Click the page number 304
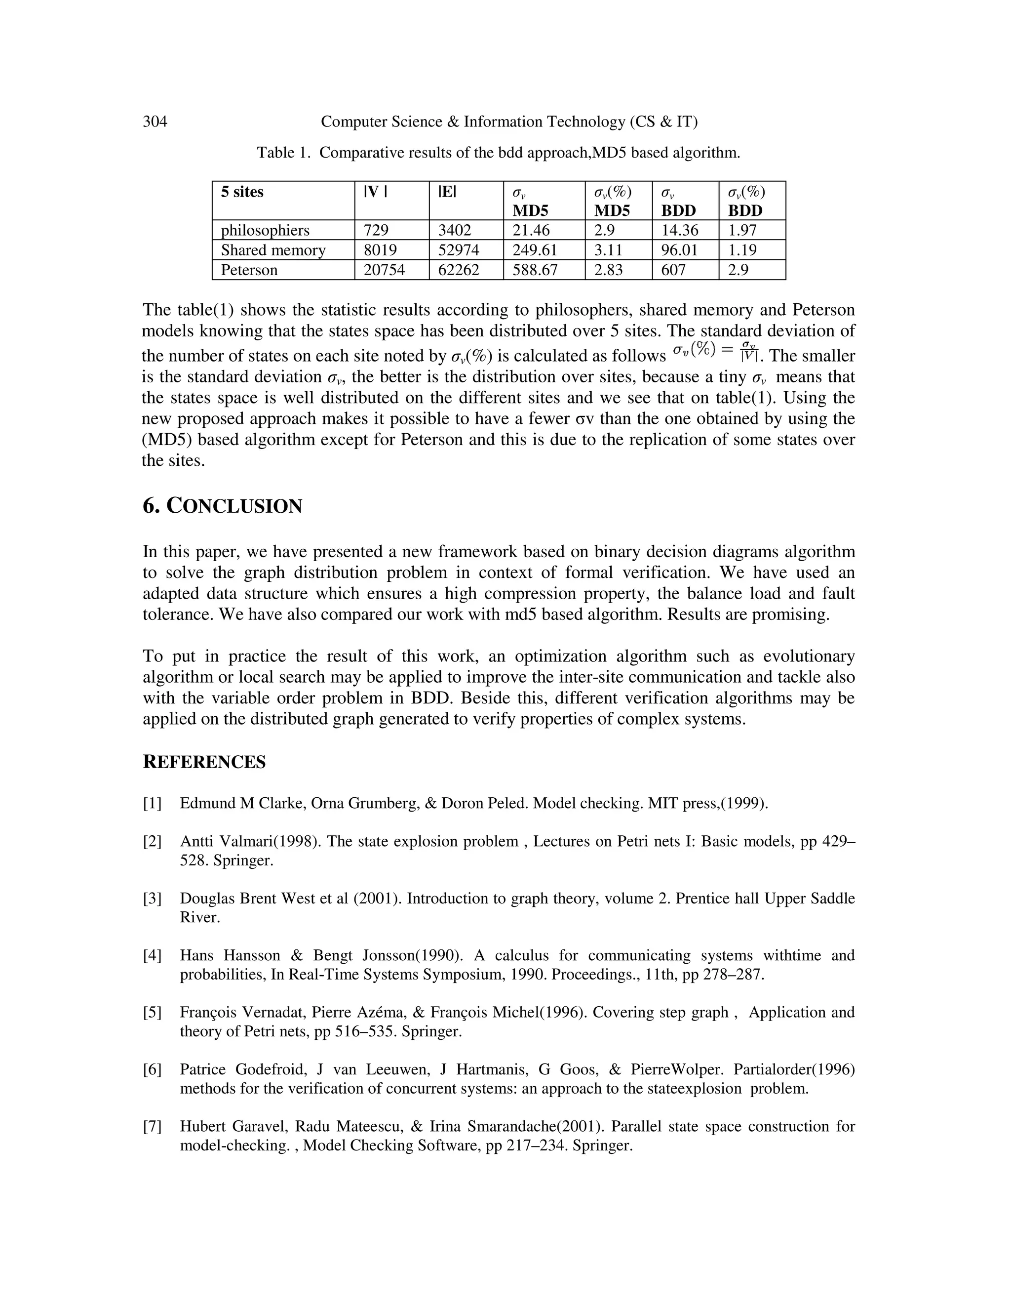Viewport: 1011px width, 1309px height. tap(155, 122)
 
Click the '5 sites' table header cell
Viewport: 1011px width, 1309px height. tap(242, 192)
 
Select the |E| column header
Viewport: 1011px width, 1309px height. tap(447, 192)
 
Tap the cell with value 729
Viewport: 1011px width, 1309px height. tap(376, 230)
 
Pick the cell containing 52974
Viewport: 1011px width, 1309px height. tap(459, 250)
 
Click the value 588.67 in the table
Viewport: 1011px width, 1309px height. tap(535, 270)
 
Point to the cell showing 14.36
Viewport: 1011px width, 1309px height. tap(680, 230)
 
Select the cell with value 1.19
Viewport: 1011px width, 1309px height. tap(742, 250)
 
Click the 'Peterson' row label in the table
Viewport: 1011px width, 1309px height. tap(249, 270)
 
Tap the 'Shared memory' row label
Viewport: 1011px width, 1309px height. tap(273, 250)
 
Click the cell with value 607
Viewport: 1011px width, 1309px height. tap(673, 270)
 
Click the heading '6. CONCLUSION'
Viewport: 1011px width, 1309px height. tap(222, 506)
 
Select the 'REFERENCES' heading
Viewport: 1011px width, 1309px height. tap(204, 762)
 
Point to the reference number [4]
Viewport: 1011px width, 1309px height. tap(152, 955)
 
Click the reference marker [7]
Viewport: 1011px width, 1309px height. tap(152, 1126)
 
